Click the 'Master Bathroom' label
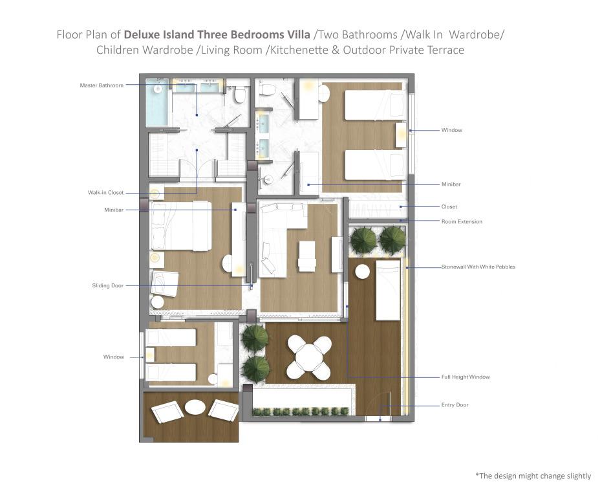[102, 85]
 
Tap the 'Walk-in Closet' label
[105, 192]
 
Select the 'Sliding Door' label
[107, 285]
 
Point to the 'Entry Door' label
[455, 405]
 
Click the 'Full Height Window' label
[466, 377]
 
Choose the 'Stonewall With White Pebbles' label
[478, 267]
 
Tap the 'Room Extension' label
[462, 221]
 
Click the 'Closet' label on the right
[449, 206]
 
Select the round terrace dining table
[309, 357]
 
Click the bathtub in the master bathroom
[157, 102]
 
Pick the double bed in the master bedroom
[181, 226]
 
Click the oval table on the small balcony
[195, 407]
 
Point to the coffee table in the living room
[306, 256]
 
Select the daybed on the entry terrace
[388, 291]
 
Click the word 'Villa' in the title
[297, 35]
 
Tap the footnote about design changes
[533, 476]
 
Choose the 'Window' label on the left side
[113, 357]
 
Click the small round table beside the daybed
[362, 272]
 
